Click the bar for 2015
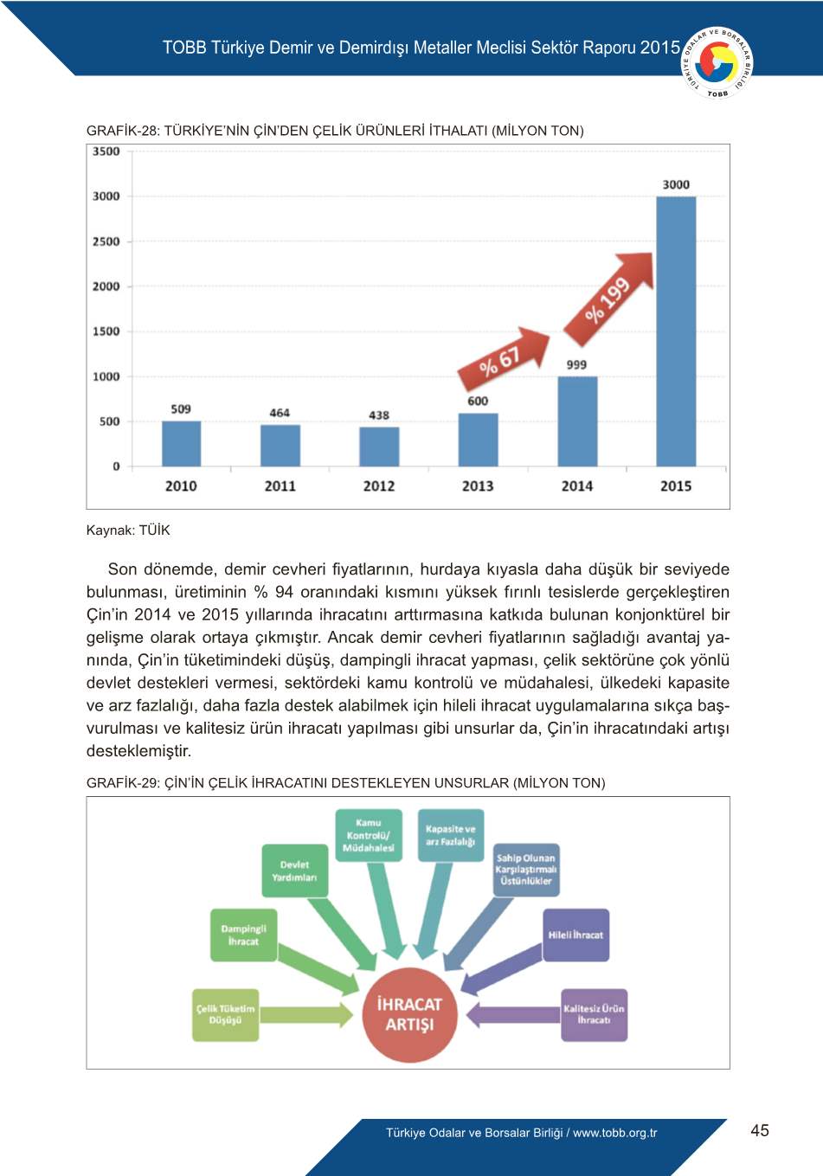point(676,331)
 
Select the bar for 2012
point(379,447)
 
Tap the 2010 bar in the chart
point(181,444)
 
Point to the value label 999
point(576,365)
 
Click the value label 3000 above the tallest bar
point(676,184)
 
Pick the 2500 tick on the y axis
point(106,241)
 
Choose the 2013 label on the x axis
point(478,486)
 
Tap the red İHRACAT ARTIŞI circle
point(409,1015)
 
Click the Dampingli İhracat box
point(243,935)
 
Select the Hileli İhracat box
point(575,935)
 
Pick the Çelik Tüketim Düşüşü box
point(226,1014)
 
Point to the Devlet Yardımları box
point(294,871)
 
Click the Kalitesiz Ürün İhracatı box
point(594,1014)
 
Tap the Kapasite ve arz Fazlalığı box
point(450,835)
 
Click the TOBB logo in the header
point(717,62)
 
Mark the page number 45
point(760,1130)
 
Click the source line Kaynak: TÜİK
point(128,530)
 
